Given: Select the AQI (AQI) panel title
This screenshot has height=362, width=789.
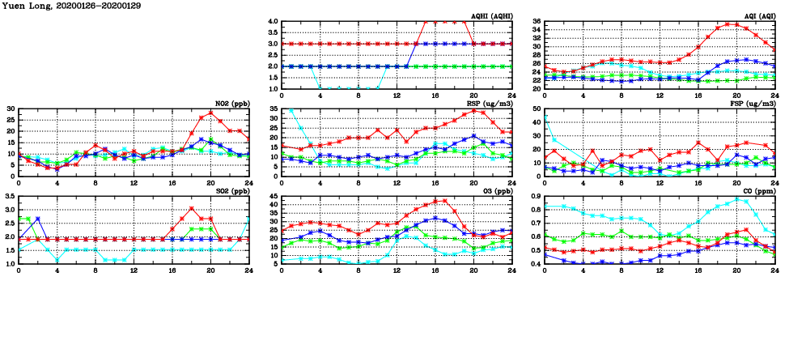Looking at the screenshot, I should pyautogui.click(x=757, y=15).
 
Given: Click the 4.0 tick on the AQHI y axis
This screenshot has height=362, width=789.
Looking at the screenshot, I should pyautogui.click(x=274, y=22).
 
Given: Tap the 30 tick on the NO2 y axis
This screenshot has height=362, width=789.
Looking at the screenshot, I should pyautogui.click(x=11, y=109).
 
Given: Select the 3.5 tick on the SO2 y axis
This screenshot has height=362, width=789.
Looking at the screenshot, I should pyautogui.click(x=9, y=196).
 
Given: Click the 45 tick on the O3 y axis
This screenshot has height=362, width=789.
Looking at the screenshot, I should pyautogui.click(x=274, y=196).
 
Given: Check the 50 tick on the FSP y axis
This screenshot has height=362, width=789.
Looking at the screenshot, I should pyautogui.click(x=537, y=109).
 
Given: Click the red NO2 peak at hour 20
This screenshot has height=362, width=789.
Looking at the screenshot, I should pyautogui.click(x=210, y=113).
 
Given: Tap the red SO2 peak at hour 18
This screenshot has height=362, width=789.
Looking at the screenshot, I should pyautogui.click(x=191, y=208).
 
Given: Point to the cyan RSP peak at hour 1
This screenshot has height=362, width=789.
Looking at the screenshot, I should pyautogui.click(x=291, y=110).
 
